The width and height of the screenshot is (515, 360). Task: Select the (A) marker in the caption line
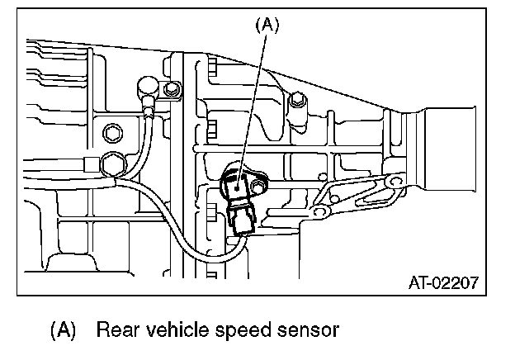[63, 331]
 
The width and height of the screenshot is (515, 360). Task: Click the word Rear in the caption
[116, 331]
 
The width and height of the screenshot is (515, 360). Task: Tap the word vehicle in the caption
[176, 331]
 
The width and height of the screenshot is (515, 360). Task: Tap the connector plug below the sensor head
[243, 220]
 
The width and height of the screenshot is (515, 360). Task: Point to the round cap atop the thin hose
[148, 87]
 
